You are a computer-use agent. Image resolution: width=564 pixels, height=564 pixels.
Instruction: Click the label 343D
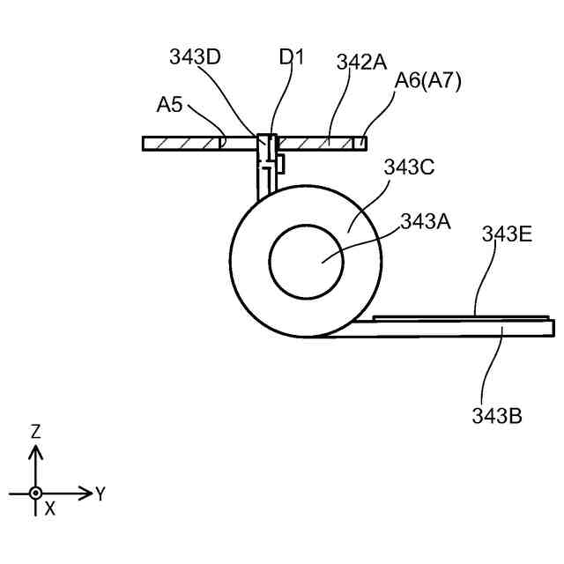(x=195, y=59)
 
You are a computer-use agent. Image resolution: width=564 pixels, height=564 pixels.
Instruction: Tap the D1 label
(x=292, y=58)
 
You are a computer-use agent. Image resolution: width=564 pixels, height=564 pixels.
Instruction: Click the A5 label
(x=170, y=106)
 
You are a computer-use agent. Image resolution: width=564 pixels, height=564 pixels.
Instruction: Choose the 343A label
(x=426, y=221)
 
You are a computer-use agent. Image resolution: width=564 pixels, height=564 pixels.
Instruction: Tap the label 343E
(x=506, y=234)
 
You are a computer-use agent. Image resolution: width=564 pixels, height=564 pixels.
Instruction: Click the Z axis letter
(x=35, y=431)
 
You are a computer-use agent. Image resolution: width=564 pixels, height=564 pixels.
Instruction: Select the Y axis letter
(x=100, y=494)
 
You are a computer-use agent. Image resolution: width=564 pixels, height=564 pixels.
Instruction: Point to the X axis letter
(x=50, y=508)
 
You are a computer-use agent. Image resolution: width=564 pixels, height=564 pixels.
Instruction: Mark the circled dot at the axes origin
(x=35, y=493)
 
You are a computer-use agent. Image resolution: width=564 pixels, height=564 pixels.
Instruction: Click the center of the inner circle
(x=306, y=261)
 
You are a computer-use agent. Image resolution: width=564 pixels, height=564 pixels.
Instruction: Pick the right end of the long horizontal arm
(x=552, y=328)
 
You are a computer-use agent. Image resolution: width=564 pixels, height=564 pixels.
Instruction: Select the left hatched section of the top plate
(x=182, y=143)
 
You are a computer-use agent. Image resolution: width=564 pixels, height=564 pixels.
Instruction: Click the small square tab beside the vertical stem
(x=279, y=163)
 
